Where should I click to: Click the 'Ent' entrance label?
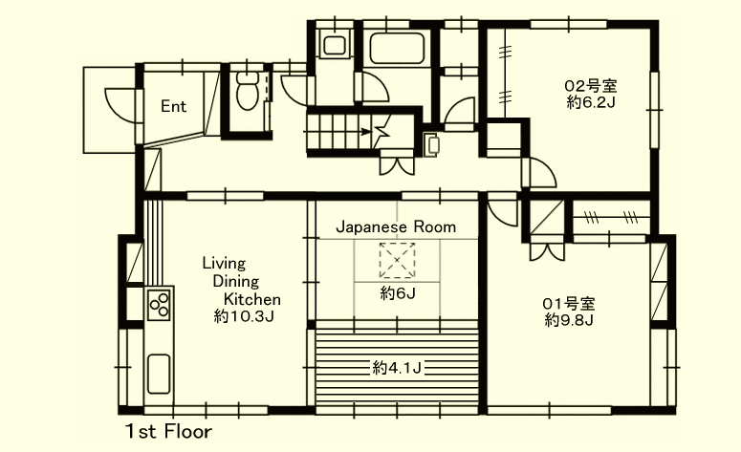(x=173, y=106)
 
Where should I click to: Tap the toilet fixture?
(x=247, y=91)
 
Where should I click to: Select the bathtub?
(x=398, y=48)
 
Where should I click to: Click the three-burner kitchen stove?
(x=160, y=304)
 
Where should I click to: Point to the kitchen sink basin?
(x=159, y=374)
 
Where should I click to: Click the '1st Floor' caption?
(x=168, y=432)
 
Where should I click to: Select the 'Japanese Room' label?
(x=396, y=227)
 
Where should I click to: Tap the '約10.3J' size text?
(x=244, y=316)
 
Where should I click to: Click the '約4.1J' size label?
(x=397, y=368)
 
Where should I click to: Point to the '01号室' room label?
(x=569, y=304)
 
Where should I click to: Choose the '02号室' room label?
(x=591, y=86)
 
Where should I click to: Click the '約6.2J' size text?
(x=591, y=102)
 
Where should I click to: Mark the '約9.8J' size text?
(x=569, y=321)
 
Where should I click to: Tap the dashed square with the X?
(x=397, y=260)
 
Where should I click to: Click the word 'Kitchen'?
(x=251, y=299)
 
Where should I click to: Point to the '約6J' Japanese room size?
(x=398, y=294)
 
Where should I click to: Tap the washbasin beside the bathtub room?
(x=335, y=45)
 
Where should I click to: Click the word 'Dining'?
(x=236, y=282)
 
